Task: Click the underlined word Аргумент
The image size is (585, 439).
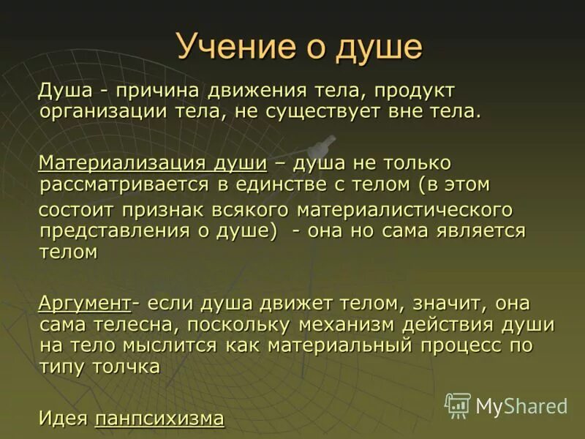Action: (x=84, y=303)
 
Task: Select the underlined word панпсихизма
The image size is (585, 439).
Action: (x=159, y=419)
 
